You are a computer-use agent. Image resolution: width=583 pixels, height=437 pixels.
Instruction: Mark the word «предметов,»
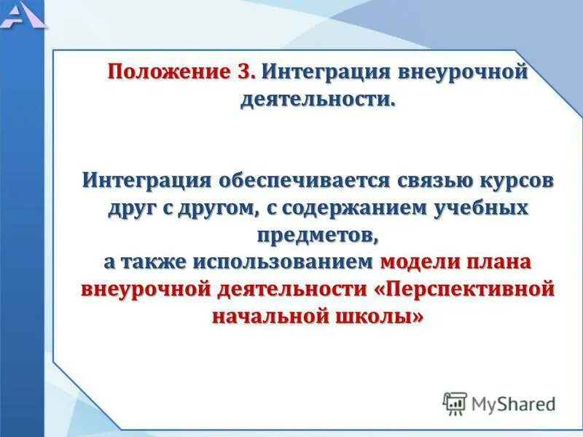[x=318, y=235]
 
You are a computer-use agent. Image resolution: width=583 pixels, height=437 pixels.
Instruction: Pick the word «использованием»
[x=283, y=261]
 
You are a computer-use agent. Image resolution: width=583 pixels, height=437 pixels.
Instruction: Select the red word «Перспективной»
[x=466, y=289]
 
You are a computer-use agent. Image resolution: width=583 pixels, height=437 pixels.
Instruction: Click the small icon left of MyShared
[x=455, y=403]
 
